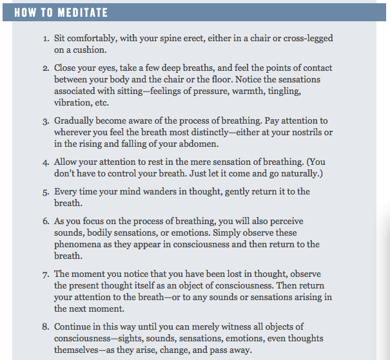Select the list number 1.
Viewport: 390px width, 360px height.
click(46, 39)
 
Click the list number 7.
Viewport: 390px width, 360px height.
click(46, 274)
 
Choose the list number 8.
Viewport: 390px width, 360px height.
click(46, 327)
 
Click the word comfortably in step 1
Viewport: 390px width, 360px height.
click(92, 39)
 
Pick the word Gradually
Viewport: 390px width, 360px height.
click(77, 120)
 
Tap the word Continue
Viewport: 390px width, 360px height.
click(74, 327)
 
